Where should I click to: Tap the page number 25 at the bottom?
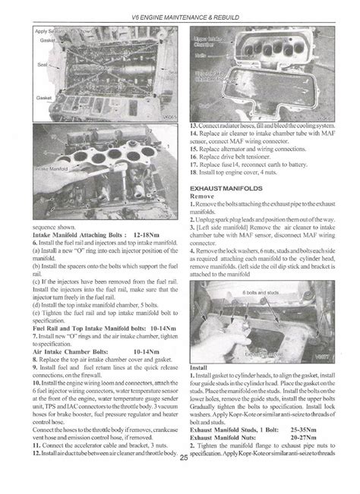coord(180,479)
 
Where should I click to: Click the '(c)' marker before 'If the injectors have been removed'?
coord(36,282)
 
